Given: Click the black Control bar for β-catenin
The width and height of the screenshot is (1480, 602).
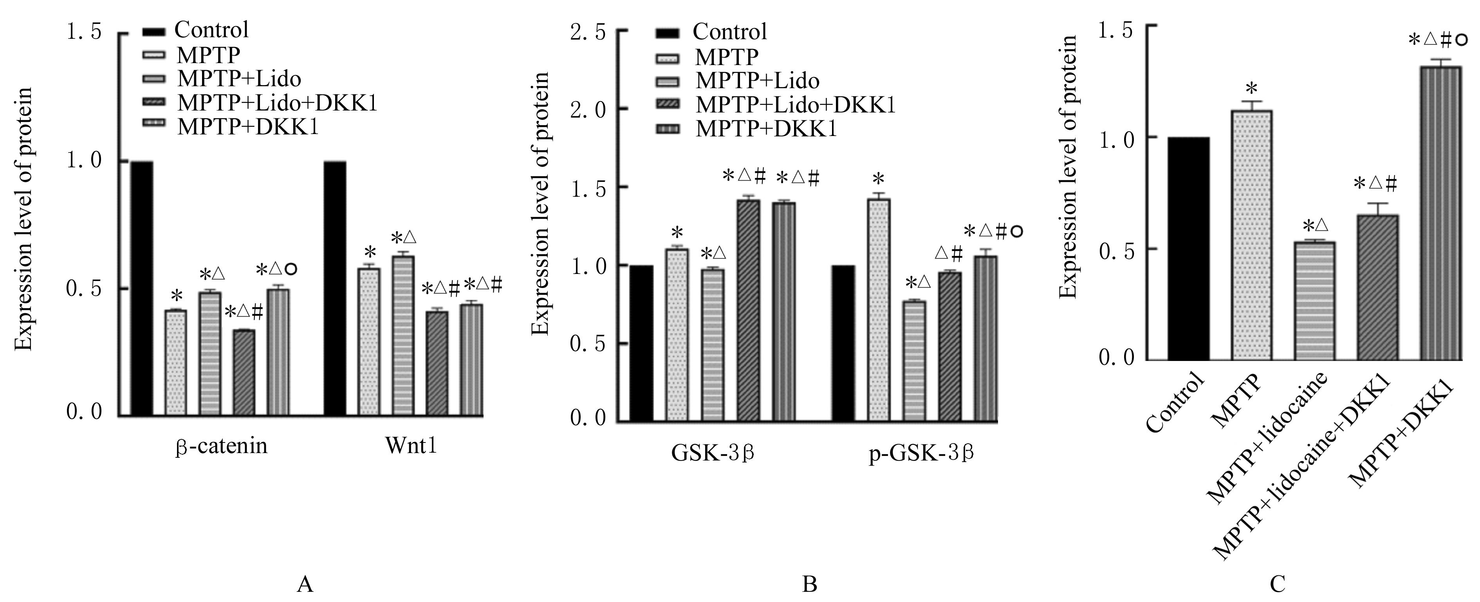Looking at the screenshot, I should [142, 288].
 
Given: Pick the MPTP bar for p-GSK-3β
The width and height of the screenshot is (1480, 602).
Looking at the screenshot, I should [879, 310].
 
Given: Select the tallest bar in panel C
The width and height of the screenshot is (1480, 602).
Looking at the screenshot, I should [1440, 213].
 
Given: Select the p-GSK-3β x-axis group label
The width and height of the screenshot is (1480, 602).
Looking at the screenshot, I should [921, 454].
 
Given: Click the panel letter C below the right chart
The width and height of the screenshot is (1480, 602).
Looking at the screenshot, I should [1277, 585].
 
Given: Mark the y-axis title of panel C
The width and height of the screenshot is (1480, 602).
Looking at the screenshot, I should [1068, 167].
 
